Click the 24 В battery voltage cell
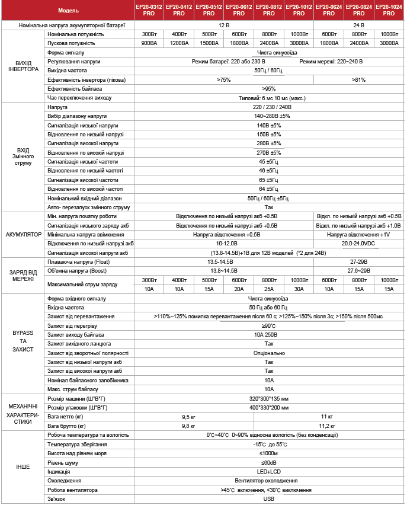click(358, 26)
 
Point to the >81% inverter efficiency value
click(358, 79)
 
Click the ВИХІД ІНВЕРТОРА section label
click(23, 65)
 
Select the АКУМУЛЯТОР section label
click(23, 235)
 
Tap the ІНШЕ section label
click(23, 468)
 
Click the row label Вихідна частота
click(67, 71)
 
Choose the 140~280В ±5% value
click(268, 117)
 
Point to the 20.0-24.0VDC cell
click(358, 244)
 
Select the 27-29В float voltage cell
click(358, 261)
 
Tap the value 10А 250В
click(268, 335)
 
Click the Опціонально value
click(268, 353)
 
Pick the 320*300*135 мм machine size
click(268, 399)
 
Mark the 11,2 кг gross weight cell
click(328, 426)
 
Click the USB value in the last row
click(268, 499)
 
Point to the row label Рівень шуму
click(63, 462)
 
